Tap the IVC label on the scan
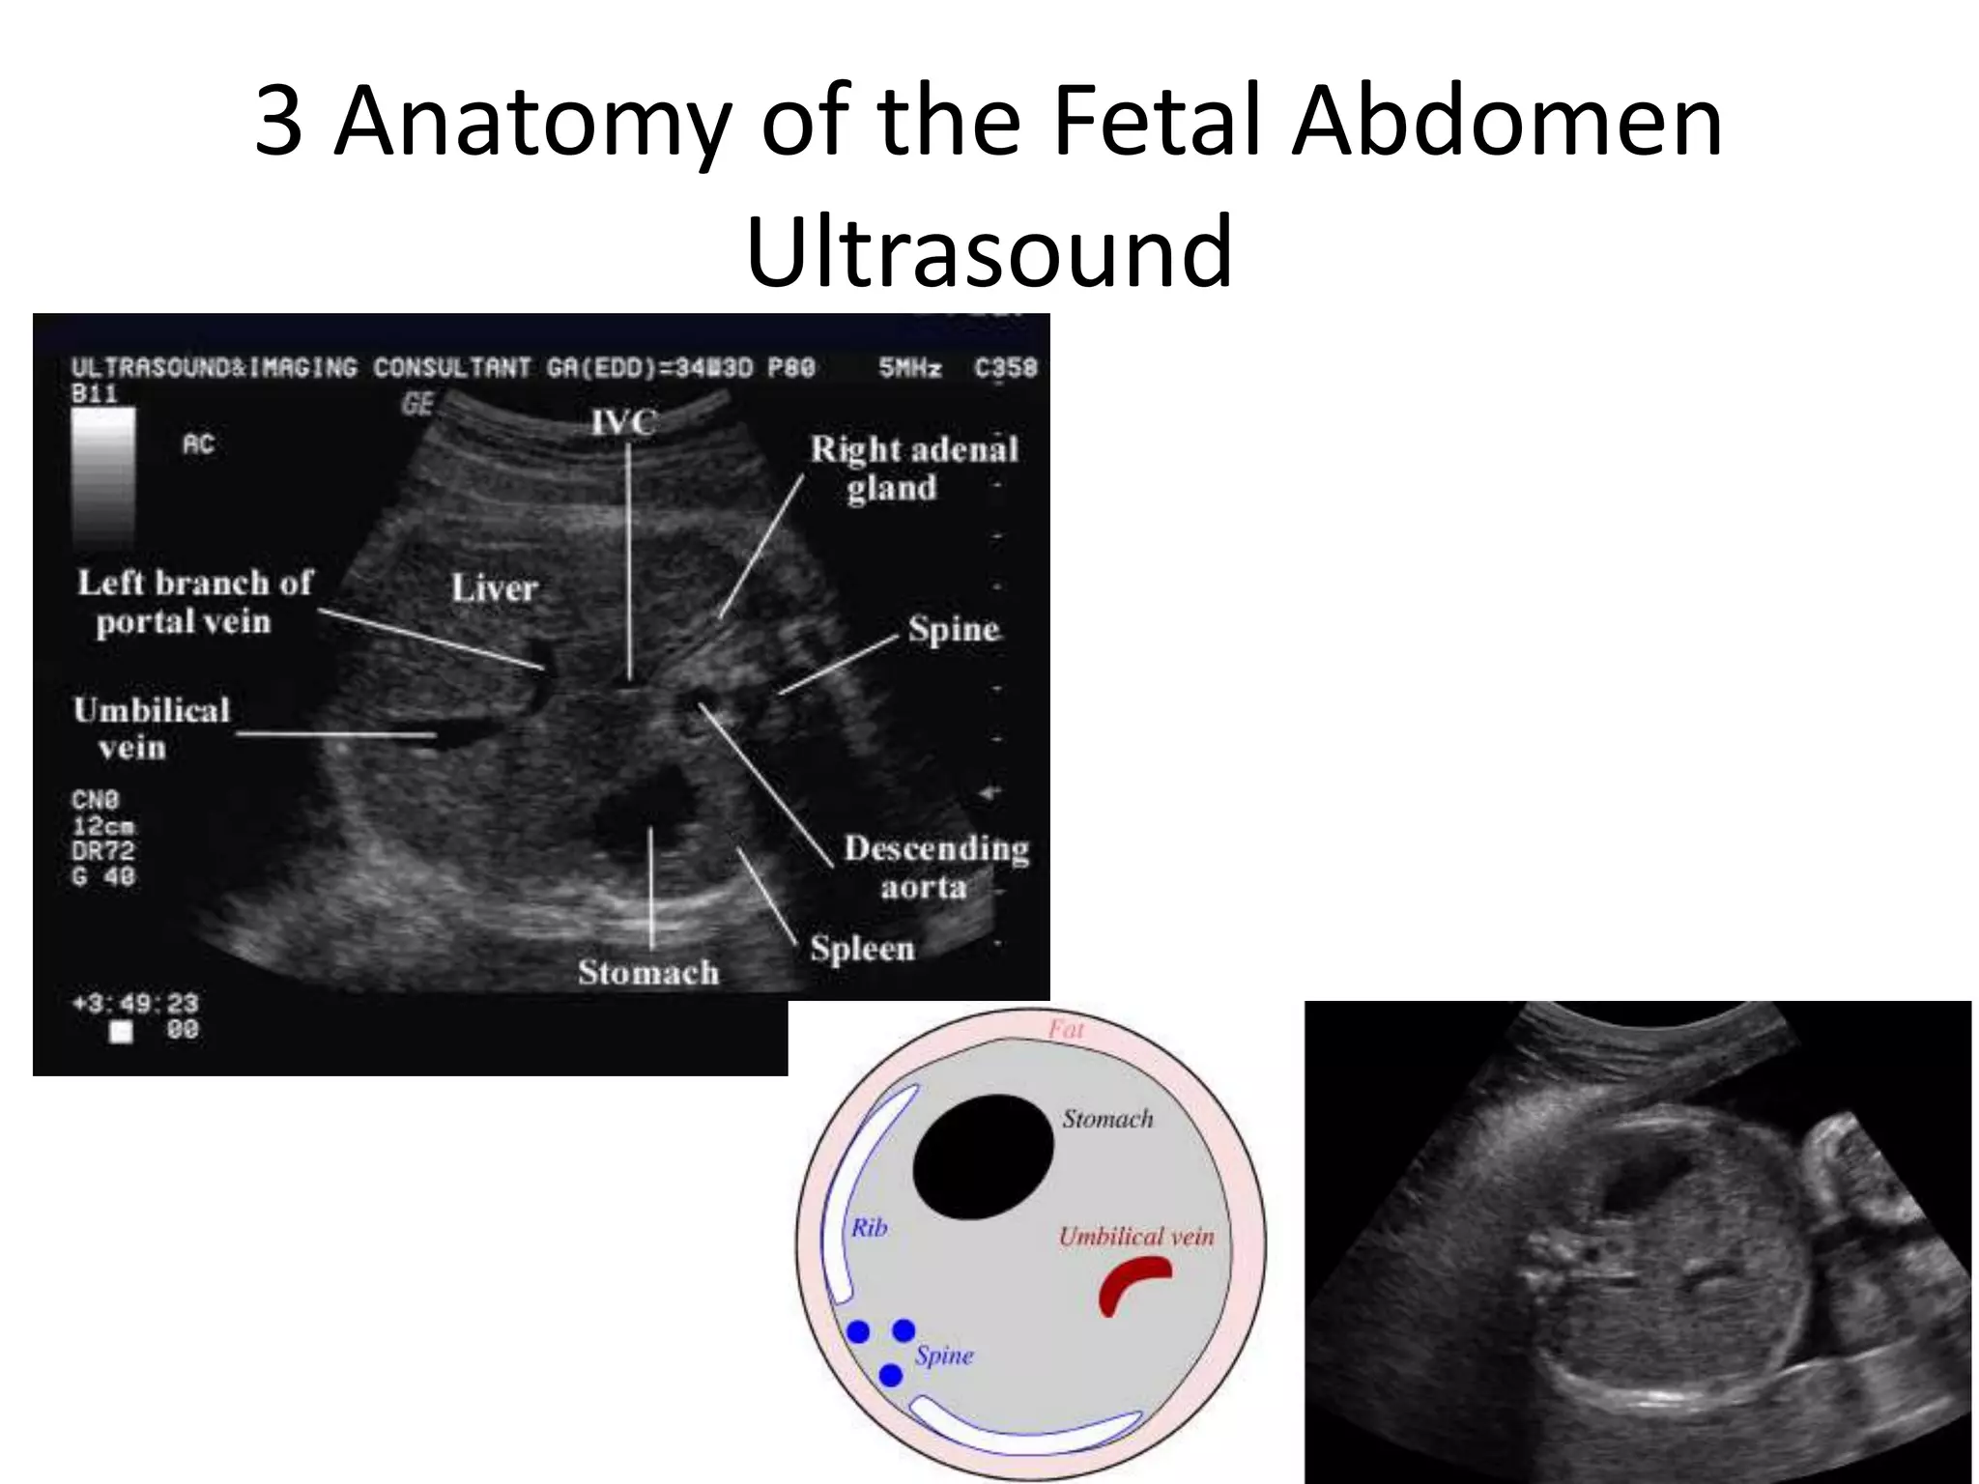[x=623, y=422]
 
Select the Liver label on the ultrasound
[x=494, y=588]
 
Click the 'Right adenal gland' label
[x=913, y=469]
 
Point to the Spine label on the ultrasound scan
[x=953, y=630]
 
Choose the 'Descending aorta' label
[x=934, y=868]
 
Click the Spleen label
[x=862, y=949]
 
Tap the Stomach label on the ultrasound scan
[x=648, y=972]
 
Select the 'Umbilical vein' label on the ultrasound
[x=152, y=728]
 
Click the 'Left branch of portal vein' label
[x=193, y=602]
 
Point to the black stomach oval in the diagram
[x=983, y=1156]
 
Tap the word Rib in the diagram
[x=869, y=1228]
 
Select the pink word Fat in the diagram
[x=1066, y=1030]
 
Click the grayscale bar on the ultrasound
[x=102, y=476]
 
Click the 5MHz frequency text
[x=909, y=368]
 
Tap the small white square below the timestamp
[x=121, y=1032]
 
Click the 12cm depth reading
[x=103, y=826]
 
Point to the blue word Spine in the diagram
[x=944, y=1356]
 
